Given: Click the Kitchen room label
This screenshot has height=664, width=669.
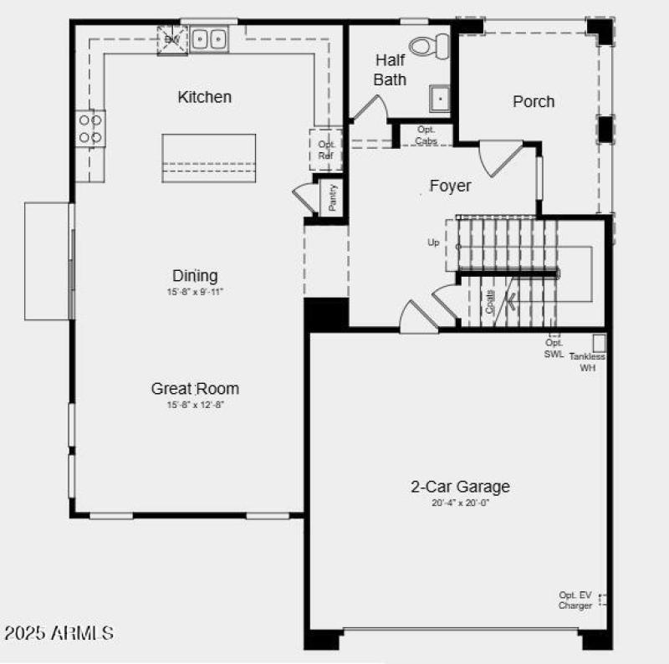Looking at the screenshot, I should [204, 97].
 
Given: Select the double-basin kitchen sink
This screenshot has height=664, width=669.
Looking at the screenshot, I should [209, 38].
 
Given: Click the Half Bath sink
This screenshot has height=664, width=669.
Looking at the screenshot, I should [440, 99].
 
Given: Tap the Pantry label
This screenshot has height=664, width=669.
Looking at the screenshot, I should [333, 197].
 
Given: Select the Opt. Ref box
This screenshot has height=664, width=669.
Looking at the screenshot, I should [326, 150].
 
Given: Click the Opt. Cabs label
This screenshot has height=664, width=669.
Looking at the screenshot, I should [426, 135].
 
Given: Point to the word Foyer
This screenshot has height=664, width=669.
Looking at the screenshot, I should [450, 186].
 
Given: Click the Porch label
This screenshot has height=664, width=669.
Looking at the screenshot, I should [533, 101].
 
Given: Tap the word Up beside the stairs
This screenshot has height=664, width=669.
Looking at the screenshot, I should [433, 243].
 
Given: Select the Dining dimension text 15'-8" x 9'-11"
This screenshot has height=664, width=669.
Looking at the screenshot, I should [195, 292].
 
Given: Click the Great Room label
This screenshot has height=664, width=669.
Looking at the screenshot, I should [195, 388].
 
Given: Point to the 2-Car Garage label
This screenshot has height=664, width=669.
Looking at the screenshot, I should [459, 487].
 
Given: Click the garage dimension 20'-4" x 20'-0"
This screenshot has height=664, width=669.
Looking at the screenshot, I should [459, 503].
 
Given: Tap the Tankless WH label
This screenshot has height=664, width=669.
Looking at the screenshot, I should [587, 361].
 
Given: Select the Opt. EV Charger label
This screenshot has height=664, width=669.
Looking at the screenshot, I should [575, 600].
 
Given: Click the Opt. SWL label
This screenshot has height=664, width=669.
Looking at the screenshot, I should [554, 348].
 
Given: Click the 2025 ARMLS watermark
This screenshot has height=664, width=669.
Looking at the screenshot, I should [59, 632].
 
